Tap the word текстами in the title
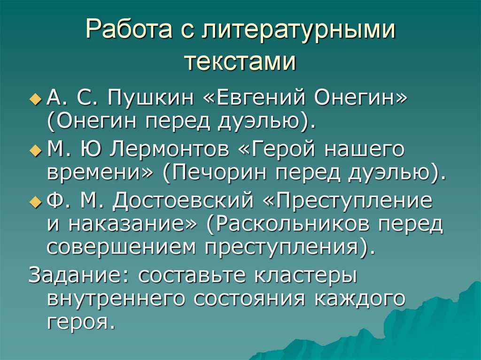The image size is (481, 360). coord(240,62)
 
